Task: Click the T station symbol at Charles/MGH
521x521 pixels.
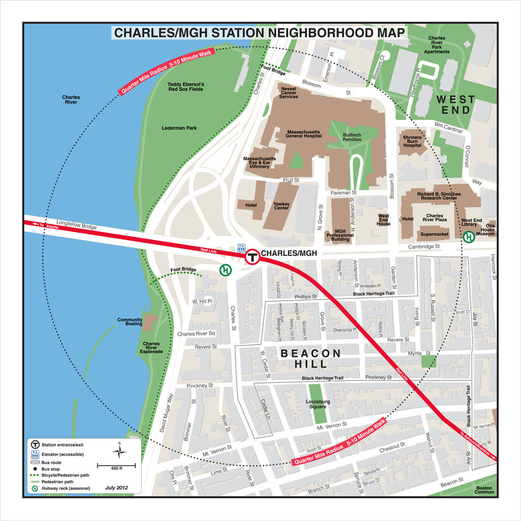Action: click(253, 256)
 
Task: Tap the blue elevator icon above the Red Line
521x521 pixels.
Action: click(241, 247)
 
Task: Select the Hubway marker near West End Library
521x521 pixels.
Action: click(469, 237)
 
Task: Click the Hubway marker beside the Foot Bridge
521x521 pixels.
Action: click(225, 270)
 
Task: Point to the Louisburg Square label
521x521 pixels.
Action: click(318, 404)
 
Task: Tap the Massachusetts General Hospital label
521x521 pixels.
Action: click(304, 134)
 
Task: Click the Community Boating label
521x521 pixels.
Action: click(130, 322)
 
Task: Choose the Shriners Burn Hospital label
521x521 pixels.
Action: click(412, 141)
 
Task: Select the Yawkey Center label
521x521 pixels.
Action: click(281, 205)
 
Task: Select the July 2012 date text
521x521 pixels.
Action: click(116, 488)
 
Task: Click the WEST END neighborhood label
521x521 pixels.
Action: click(456, 104)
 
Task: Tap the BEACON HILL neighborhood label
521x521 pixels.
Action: click(312, 358)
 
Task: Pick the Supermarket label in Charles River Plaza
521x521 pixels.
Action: click(434, 234)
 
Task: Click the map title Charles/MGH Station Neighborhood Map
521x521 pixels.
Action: click(259, 33)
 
